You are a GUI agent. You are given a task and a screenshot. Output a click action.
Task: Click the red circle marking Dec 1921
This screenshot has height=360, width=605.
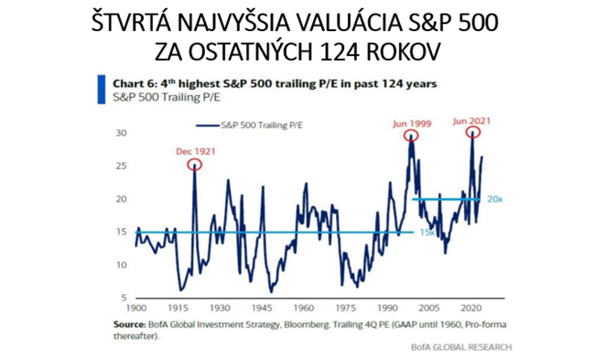193,165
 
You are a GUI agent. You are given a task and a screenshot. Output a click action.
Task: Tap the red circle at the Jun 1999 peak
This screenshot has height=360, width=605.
413,136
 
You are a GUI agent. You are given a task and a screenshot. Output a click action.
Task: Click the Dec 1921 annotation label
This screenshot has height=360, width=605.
193,149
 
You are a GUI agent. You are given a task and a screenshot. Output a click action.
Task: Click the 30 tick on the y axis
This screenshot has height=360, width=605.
120,133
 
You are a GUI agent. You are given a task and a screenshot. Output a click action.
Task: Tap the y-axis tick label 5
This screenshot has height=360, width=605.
123,299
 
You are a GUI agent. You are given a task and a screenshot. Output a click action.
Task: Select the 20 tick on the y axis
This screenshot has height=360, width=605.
120,199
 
